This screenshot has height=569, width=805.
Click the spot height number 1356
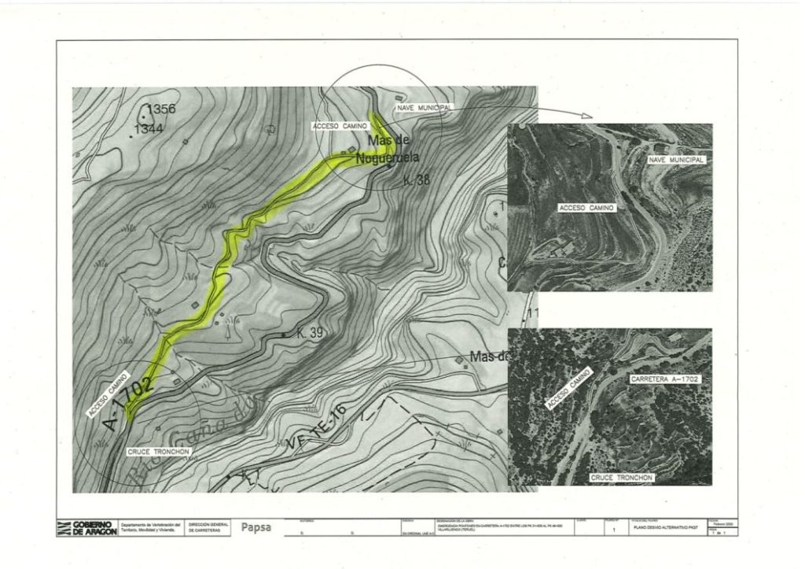coord(161,109)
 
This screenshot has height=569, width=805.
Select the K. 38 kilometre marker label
coord(417,180)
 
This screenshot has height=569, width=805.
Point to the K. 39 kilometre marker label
coord(311,333)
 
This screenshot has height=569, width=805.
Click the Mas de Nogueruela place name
coord(387,149)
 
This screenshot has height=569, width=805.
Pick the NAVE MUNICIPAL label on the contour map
coord(425,106)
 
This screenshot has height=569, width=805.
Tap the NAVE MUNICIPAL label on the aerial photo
coord(675,160)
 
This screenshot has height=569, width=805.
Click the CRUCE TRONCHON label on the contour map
coord(158,452)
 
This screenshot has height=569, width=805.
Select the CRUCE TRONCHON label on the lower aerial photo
coord(621,478)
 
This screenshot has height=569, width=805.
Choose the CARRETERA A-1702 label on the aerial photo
coord(664,379)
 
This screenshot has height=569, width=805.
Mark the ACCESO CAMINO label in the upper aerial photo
coord(586,208)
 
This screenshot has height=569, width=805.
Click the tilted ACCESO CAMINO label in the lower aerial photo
coord(568,390)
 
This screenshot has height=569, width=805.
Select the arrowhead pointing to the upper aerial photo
coord(586,116)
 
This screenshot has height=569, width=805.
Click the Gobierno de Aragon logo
coord(86,528)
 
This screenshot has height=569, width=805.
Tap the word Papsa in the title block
coord(255,527)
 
